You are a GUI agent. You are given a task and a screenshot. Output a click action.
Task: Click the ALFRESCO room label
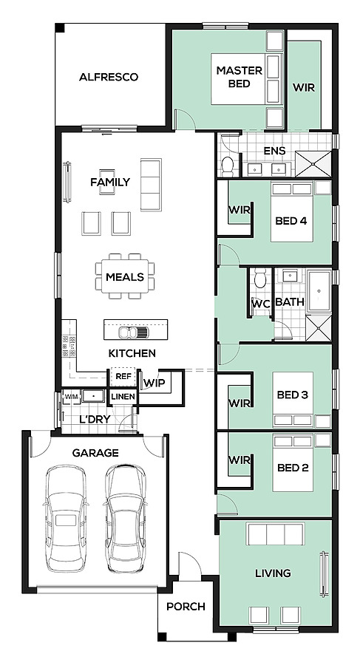pyautogui.click(x=109, y=77)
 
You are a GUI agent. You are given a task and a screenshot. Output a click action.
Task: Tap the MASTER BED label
pyautogui.click(x=240, y=77)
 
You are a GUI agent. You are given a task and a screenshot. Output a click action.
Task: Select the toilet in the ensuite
pyautogui.click(x=228, y=166)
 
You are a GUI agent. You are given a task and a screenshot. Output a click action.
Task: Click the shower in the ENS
pyautogui.click(x=313, y=163)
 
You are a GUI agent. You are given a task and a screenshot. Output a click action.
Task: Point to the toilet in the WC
pyautogui.click(x=259, y=279)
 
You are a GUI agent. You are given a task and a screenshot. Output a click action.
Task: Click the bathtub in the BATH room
pyautogui.click(x=319, y=291)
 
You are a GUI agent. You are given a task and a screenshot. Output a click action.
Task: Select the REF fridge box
pyautogui.click(x=123, y=377)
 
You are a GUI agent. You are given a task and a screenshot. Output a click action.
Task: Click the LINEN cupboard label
pyautogui.click(x=123, y=397)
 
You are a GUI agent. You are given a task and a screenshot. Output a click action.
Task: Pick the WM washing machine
pyautogui.click(x=70, y=397)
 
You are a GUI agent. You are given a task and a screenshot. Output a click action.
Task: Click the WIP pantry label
pyautogui.click(x=154, y=382)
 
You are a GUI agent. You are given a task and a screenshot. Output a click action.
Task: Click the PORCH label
pyautogui.click(x=186, y=607)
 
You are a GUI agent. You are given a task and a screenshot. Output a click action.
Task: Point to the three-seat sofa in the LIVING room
pyautogui.click(x=276, y=533)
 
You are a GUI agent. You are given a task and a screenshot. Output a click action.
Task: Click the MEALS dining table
pyautogui.click(x=125, y=277)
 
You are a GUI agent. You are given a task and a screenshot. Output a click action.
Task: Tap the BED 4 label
pyautogui.click(x=291, y=221)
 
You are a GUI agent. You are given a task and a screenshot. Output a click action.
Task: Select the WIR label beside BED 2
pyautogui.click(x=239, y=460)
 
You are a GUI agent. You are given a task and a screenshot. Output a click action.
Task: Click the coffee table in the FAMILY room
pyautogui.click(x=106, y=182)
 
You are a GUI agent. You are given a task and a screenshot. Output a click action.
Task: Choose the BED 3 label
pyautogui.click(x=292, y=395)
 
